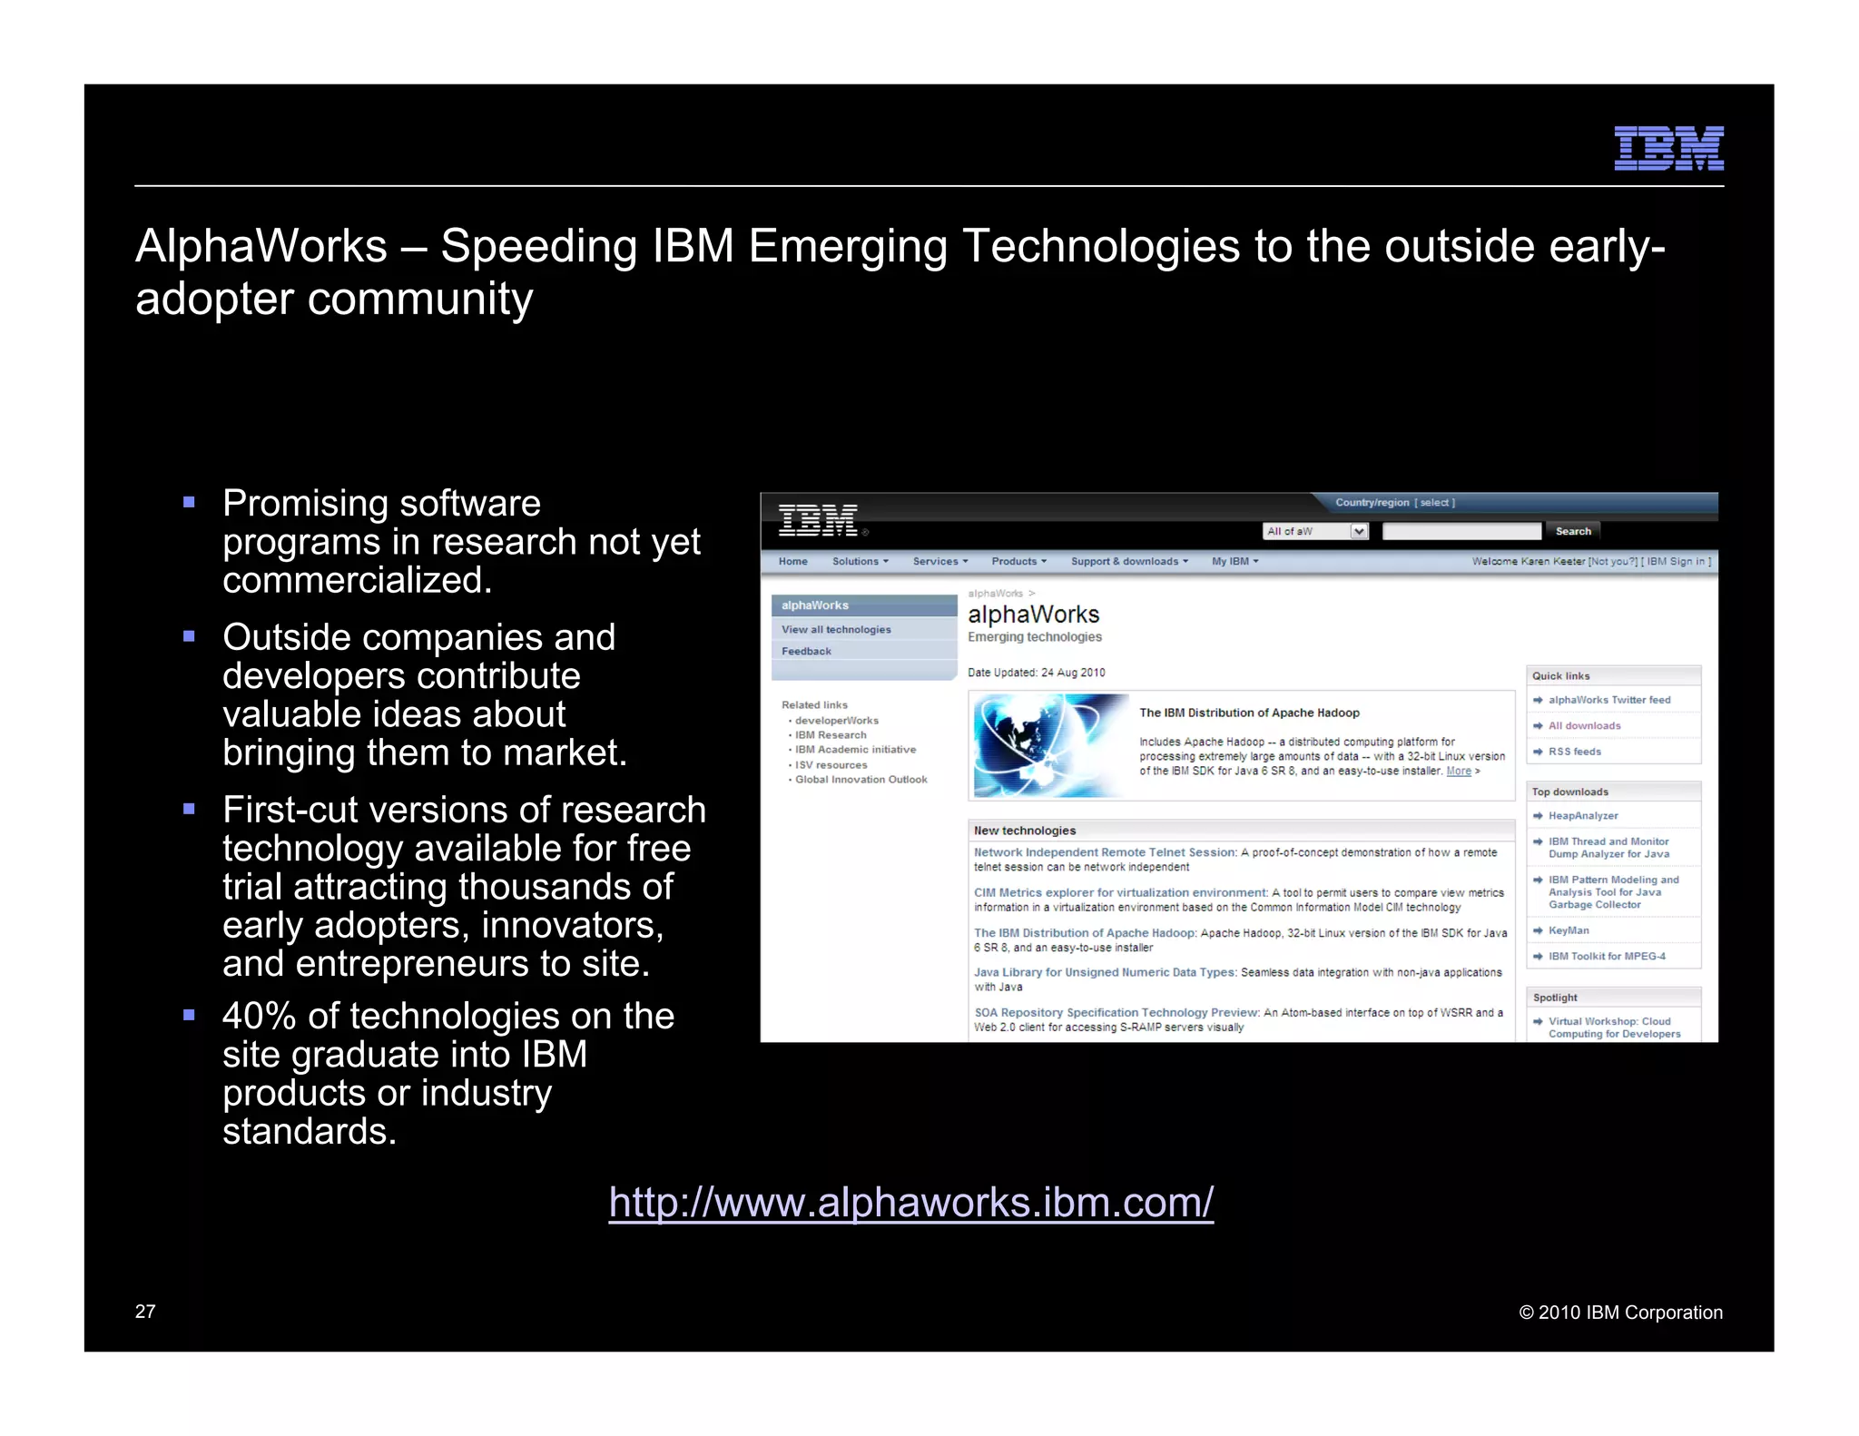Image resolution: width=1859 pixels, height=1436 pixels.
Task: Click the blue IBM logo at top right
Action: click(1667, 148)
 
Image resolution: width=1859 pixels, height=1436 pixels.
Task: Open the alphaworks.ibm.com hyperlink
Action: click(910, 1202)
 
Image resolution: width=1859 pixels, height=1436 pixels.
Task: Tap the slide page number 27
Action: click(145, 1312)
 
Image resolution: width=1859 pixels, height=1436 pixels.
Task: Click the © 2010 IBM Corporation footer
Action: click(1620, 1313)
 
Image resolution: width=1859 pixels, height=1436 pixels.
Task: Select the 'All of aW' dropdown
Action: click(1315, 532)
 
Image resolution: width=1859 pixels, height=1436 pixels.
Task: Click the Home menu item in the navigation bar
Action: click(792, 562)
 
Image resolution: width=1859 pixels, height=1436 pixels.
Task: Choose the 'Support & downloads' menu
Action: click(1128, 562)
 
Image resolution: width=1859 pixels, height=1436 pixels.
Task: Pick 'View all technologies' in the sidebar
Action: click(836, 630)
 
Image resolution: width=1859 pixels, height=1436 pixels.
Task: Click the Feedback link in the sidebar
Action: click(806, 652)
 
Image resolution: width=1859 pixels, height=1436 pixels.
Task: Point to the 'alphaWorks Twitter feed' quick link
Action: click(1608, 700)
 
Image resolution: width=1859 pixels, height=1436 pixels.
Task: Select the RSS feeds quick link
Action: click(1574, 752)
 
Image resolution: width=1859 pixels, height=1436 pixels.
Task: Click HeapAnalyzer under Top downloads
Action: click(1583, 816)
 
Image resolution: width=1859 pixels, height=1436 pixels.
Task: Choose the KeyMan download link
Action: click(1569, 930)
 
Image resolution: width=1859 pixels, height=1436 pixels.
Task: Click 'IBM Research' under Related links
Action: click(831, 735)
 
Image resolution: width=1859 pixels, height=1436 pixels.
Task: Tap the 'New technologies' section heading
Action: click(1025, 831)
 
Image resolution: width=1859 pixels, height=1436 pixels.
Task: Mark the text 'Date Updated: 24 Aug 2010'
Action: click(1036, 673)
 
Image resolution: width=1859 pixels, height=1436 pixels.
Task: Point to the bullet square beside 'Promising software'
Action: click(189, 502)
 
